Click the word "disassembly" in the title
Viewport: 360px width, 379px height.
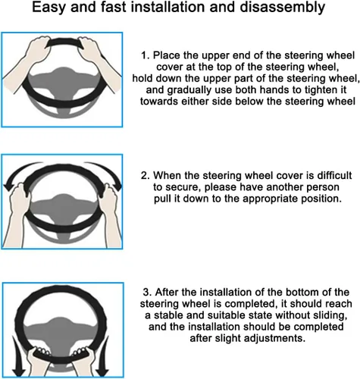click(x=282, y=8)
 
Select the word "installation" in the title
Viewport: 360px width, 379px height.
click(x=167, y=7)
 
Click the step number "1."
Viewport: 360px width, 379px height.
click(x=146, y=55)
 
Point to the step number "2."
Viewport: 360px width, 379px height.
click(x=146, y=175)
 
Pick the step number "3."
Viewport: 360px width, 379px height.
click(x=147, y=292)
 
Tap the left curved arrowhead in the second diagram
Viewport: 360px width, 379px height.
click(x=9, y=186)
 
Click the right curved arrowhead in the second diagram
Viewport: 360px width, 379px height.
click(x=116, y=186)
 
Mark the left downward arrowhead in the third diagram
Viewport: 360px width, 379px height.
click(x=19, y=371)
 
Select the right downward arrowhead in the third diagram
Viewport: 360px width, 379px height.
click(x=102, y=371)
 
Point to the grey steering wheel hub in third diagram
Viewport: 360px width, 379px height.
click(x=60, y=331)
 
